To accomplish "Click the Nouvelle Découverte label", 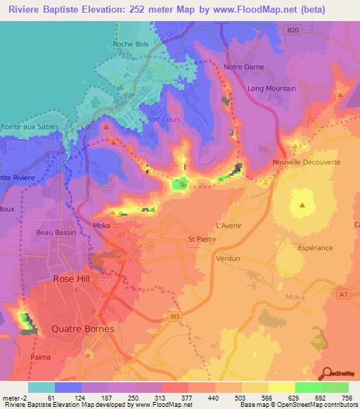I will click(306, 163).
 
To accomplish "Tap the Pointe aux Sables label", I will click(28, 127).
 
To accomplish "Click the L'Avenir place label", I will click(229, 226).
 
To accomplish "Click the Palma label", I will click(40, 357).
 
